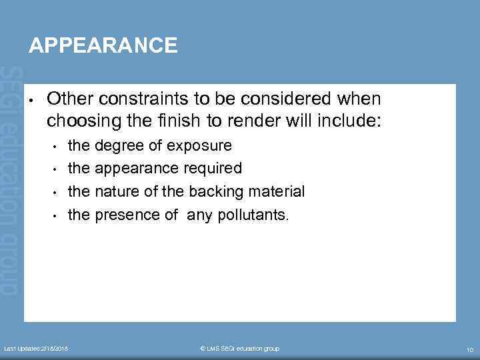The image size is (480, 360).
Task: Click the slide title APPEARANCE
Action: (x=103, y=45)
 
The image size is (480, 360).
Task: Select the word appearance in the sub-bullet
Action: (x=129, y=169)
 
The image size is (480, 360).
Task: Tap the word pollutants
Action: (x=256, y=215)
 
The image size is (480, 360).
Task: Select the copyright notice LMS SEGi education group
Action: (x=240, y=349)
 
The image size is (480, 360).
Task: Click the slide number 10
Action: (x=469, y=349)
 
